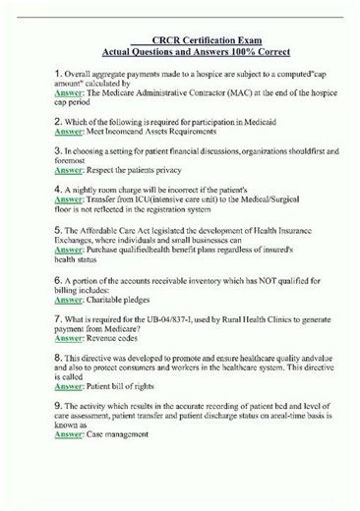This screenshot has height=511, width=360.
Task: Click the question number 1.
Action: pos(59,75)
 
